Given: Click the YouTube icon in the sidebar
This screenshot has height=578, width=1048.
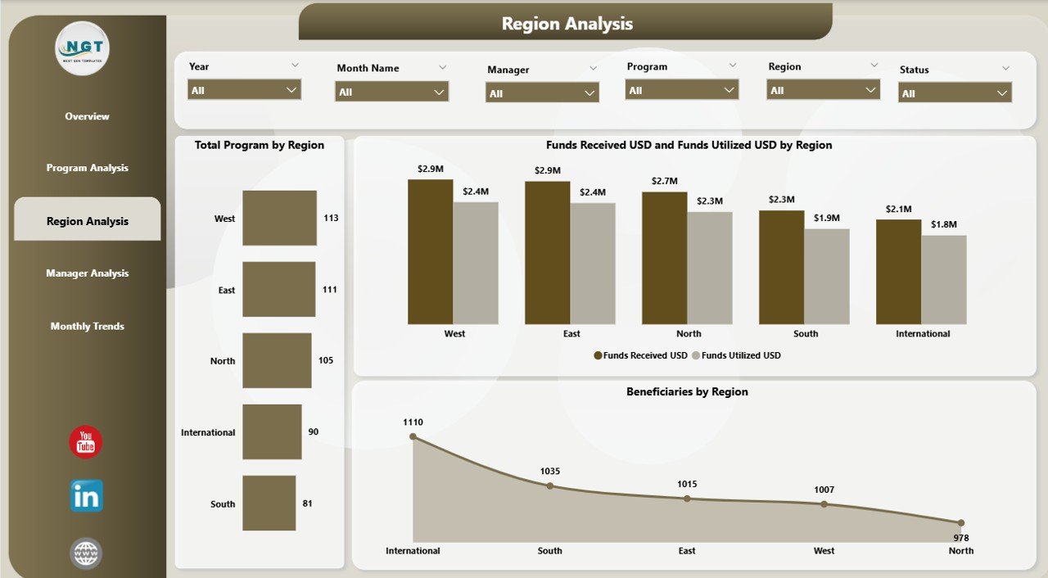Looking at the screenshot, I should coord(86,442).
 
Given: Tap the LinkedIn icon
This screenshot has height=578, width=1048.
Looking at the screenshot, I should coord(86,496).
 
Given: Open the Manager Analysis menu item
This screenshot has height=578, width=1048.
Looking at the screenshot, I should coord(87,273).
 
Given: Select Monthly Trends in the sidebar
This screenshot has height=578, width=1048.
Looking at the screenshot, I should coord(87,326).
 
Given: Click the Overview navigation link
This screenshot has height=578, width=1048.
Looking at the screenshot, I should coord(87,116).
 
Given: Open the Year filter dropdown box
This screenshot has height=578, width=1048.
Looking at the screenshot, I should coord(244,90).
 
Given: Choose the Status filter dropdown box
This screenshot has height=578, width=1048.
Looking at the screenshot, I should coord(955,93).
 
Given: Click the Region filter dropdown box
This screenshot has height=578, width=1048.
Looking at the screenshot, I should coord(823,90).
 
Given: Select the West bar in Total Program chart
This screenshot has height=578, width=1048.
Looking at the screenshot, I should coord(279,218).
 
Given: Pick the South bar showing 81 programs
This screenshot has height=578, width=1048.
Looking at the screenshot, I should coord(269,503).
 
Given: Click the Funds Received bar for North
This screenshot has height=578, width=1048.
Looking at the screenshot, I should coord(664,258).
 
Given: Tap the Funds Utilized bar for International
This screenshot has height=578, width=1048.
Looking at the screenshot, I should coord(944,280).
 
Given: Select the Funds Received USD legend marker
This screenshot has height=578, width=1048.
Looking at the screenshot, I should coord(599,355).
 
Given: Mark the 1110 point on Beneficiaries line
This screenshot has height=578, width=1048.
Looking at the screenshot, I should coord(413,437).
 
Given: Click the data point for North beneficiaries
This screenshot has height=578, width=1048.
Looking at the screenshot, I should coord(961,522).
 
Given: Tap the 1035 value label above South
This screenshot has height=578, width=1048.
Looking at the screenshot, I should coord(549,472).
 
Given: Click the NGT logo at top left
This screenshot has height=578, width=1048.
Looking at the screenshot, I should coord(84,47).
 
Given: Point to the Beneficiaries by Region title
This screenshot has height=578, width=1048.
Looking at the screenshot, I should coord(687,392).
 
